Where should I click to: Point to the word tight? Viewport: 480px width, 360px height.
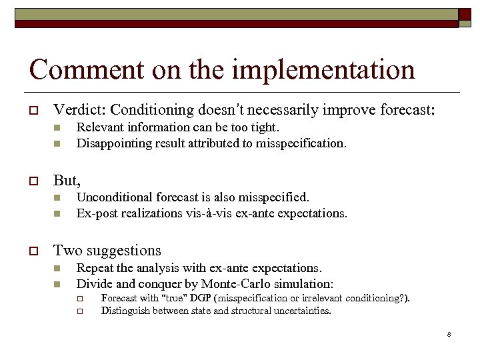265,127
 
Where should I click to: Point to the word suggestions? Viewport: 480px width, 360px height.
126,251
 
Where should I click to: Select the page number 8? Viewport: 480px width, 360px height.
449,334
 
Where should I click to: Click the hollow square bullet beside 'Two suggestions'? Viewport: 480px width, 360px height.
33,251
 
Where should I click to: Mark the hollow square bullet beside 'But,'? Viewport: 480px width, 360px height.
33,181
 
